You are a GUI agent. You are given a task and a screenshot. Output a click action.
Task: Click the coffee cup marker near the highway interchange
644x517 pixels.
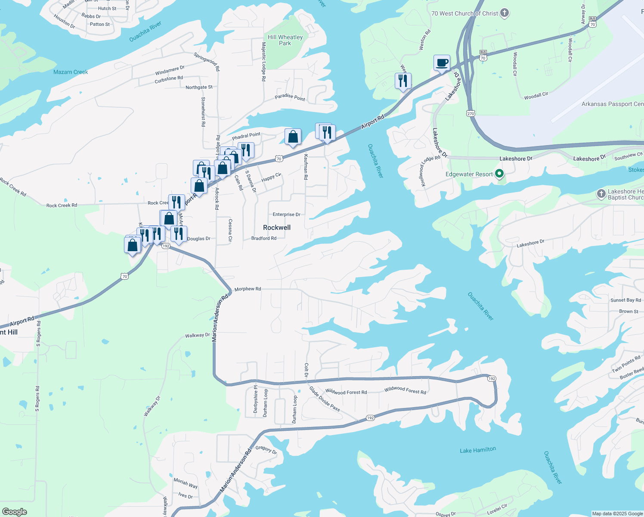point(442,63)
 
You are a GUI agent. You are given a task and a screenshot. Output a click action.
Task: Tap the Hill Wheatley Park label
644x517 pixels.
point(285,40)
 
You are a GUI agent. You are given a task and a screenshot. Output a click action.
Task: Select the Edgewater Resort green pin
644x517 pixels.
point(499,174)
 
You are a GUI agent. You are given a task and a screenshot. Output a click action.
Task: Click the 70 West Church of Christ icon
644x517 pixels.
point(505,13)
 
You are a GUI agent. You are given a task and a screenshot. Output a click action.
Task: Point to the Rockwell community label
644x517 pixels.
point(277,227)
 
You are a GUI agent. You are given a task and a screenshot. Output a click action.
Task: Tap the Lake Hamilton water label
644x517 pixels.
point(478,450)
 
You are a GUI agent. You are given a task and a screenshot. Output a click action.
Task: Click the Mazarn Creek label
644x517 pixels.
point(71,72)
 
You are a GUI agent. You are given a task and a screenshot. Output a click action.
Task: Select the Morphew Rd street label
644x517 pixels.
point(248,289)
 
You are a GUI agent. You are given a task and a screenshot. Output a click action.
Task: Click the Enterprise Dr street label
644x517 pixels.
point(286,215)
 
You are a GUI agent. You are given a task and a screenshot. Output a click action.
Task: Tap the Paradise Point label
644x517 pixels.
point(290,97)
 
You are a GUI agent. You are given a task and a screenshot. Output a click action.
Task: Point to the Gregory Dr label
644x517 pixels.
point(266,449)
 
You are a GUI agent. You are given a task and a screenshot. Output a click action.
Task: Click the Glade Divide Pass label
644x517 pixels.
point(325,399)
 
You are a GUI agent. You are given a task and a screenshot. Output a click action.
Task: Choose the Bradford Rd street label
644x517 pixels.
point(264,238)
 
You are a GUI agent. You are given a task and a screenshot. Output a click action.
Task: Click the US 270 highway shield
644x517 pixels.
point(470,113)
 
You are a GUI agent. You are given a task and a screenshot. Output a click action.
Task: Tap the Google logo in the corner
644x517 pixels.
point(15,512)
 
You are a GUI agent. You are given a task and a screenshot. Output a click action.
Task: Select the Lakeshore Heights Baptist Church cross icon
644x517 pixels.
point(601,194)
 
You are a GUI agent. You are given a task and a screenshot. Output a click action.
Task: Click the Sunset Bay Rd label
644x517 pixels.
point(625,300)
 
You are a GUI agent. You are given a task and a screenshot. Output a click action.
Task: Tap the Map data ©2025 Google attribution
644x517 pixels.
point(617,514)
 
